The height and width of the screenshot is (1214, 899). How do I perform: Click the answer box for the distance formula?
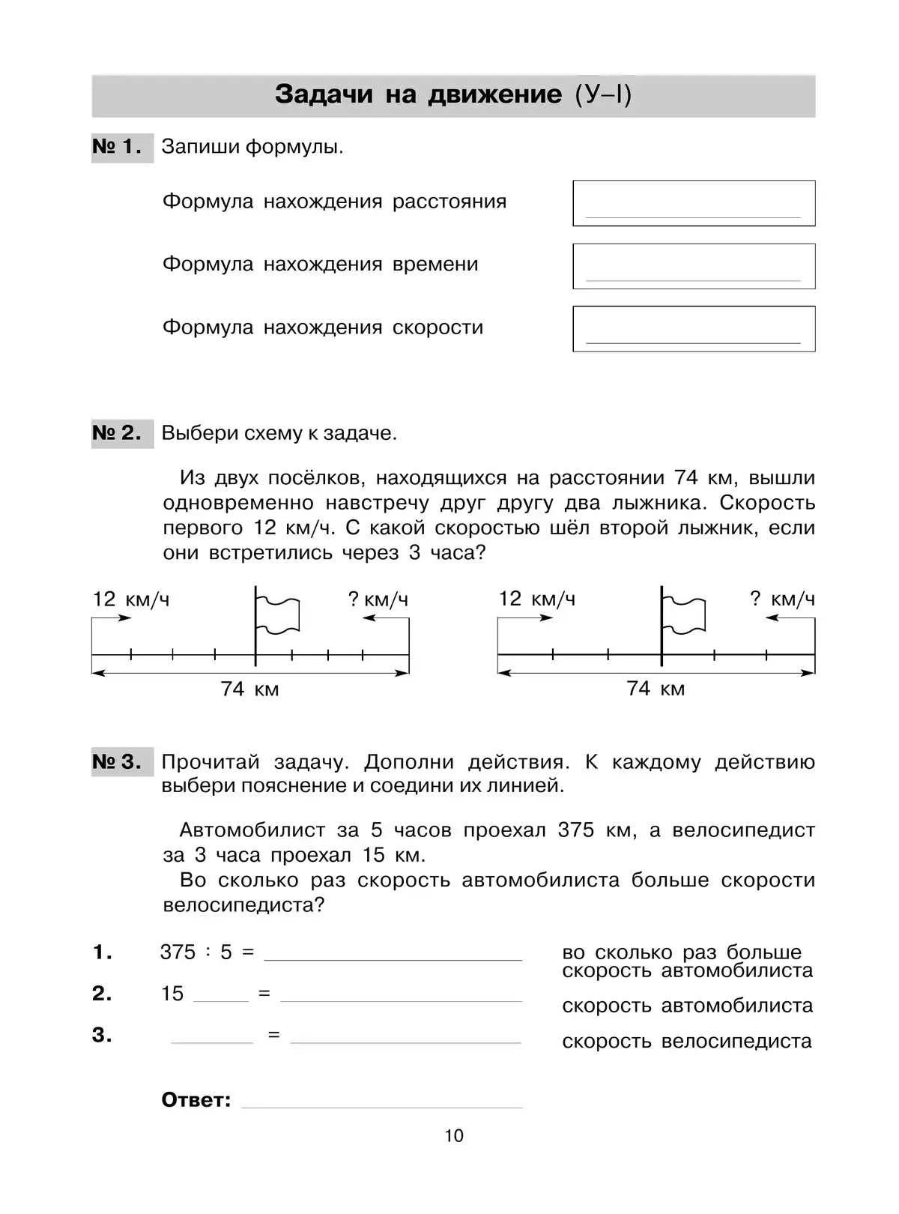(694, 203)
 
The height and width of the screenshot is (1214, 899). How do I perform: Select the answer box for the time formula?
(694, 266)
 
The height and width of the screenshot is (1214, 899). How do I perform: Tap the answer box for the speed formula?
(694, 329)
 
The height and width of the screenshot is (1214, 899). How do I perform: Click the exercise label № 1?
(118, 147)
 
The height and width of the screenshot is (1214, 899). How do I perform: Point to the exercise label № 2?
(118, 433)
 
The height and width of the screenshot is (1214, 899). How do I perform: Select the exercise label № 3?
(118, 762)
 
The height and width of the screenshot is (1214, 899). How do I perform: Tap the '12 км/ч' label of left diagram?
(131, 600)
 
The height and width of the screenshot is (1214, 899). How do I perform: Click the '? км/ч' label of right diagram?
(782, 599)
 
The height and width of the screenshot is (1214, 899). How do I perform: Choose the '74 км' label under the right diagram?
(656, 689)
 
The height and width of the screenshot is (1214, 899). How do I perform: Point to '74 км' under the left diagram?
(249, 689)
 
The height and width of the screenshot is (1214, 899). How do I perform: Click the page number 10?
(454, 1135)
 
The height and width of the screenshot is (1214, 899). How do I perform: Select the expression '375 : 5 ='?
(207, 952)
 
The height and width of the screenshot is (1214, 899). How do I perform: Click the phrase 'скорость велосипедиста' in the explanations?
(686, 1041)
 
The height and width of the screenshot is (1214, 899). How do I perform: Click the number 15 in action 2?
(172, 994)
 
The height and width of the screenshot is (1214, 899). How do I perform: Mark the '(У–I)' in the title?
(603, 94)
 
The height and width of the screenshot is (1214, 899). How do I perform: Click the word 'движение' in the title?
(494, 94)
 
